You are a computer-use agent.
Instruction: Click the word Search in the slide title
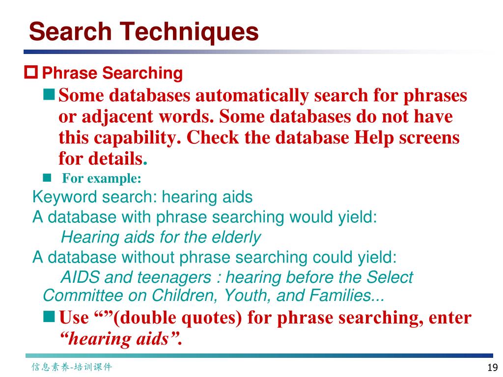pyautogui.click(x=71, y=32)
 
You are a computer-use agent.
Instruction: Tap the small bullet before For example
pyautogui.click(x=47, y=177)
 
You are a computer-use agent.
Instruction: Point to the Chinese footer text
pyautogui.click(x=72, y=367)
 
